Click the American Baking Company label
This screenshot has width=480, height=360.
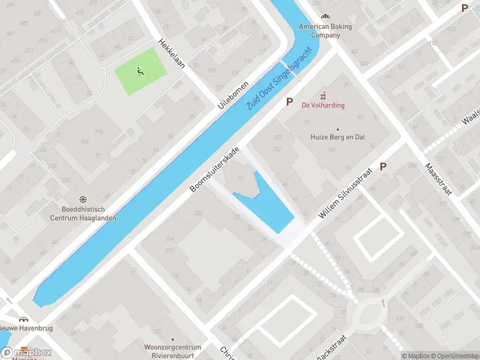click(325, 31)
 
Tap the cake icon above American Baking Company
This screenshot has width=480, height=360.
click(325, 16)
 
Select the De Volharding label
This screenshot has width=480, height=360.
click(323, 106)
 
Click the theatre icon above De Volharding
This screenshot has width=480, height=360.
click(323, 94)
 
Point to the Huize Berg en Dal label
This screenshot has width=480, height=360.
click(338, 137)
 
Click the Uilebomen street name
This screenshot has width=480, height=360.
click(233, 95)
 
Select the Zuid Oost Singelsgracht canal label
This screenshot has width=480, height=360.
click(280, 79)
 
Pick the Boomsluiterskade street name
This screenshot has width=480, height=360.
click(215, 169)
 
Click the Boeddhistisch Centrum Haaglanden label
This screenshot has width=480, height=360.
click(83, 214)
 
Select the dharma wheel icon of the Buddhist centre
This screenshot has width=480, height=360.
click(83, 199)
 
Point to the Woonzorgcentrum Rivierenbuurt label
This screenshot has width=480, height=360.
click(172, 350)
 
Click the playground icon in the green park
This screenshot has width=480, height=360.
click(140, 72)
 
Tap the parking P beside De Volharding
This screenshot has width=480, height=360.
click(290, 102)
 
